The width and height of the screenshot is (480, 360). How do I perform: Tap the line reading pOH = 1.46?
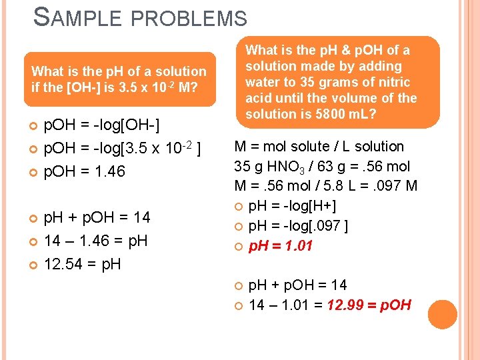pyautogui.click(x=84, y=171)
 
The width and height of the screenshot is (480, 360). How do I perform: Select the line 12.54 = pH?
pyautogui.click(x=83, y=264)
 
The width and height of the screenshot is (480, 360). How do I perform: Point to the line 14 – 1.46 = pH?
pyautogui.click(x=95, y=240)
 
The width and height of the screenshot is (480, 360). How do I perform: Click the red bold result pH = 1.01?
pyautogui.click(x=281, y=246)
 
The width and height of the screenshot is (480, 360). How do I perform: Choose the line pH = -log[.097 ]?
pyautogui.click(x=297, y=226)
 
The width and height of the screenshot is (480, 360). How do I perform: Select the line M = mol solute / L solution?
pyautogui.click(x=319, y=146)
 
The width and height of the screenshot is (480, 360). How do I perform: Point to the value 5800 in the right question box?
pyautogui.click(x=323, y=114)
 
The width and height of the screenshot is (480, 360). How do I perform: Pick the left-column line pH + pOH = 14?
pyautogui.click(x=97, y=217)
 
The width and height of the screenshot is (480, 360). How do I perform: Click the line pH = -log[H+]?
pyautogui.click(x=292, y=206)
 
